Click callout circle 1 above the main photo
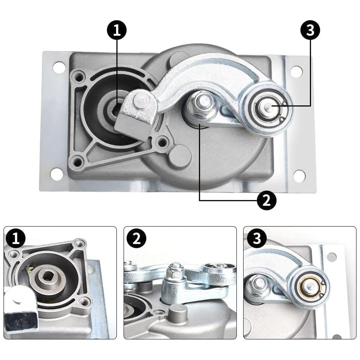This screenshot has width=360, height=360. click(x=117, y=30)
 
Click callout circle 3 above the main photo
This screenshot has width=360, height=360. click(x=310, y=30)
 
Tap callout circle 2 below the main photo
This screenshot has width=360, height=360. click(x=266, y=201)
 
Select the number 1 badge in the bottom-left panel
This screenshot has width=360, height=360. click(x=16, y=239)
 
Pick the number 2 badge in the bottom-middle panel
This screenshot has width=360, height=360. click(x=136, y=239)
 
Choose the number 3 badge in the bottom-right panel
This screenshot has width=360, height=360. click(x=256, y=239)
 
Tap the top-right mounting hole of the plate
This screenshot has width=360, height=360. click(x=296, y=71)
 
